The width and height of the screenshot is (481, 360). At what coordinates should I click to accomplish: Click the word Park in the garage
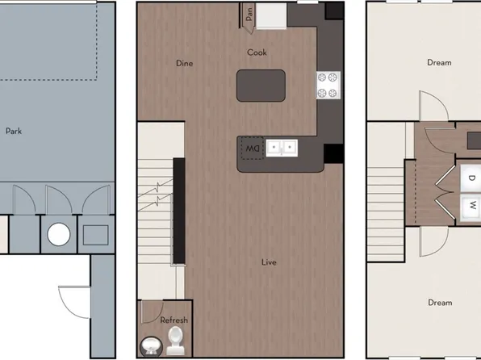coord(13,130)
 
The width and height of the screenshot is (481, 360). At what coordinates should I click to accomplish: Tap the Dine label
coord(185,64)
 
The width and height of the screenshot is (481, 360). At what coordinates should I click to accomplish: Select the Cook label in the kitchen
coord(257,53)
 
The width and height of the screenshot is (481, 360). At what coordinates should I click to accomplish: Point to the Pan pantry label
coord(251,15)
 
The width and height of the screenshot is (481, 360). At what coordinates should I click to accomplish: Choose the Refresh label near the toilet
coord(174,320)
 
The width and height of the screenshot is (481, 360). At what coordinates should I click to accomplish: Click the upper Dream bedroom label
coord(440,62)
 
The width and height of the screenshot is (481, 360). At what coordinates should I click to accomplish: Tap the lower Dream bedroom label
coord(440,303)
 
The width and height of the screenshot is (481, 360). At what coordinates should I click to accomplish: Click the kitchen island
coord(261,84)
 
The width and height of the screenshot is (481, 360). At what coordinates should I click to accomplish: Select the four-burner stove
coord(329,84)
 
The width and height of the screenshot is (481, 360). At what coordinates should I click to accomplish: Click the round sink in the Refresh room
coord(151,345)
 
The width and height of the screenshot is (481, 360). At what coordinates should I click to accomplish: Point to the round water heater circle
coord(58,234)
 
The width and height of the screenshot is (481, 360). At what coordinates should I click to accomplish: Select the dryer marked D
coord(471,179)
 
